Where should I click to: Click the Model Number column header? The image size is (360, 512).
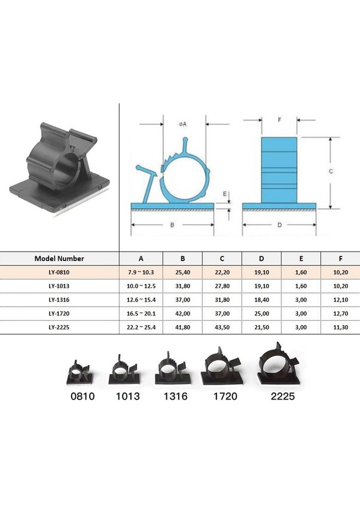pyautogui.click(x=59, y=258)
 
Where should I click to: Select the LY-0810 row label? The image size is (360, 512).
pyautogui.click(x=59, y=272)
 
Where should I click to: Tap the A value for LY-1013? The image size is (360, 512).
pyautogui.click(x=141, y=286)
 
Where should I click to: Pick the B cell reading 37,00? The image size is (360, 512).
pyautogui.click(x=182, y=300)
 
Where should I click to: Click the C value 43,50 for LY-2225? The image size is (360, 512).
pyautogui.click(x=222, y=327)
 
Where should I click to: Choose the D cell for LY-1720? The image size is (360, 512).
pyautogui.click(x=261, y=314)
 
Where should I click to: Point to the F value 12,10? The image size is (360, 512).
pyautogui.click(x=340, y=300)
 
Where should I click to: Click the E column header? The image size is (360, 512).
pyautogui.click(x=301, y=258)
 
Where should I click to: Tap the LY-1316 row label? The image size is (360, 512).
pyautogui.click(x=59, y=300)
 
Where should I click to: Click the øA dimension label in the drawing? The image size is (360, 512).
pyautogui.click(x=182, y=124)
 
